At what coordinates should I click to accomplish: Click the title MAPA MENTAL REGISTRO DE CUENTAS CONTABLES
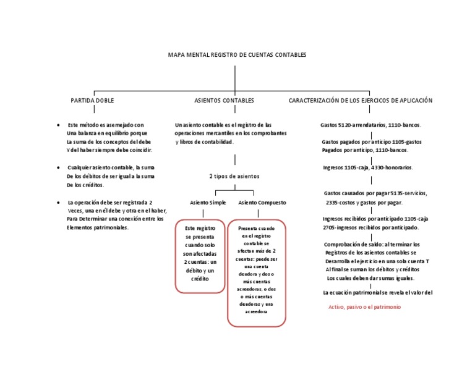coord(237,55)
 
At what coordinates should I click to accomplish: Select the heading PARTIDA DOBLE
coord(92,100)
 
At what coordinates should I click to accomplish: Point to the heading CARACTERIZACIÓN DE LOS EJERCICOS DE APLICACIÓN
coord(361,100)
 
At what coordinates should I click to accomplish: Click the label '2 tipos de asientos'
coord(234,176)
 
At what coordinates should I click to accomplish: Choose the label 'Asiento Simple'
coord(207,203)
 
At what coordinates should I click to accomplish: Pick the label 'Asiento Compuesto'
coord(262,203)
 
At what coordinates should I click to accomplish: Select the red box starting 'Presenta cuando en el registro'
coord(257,272)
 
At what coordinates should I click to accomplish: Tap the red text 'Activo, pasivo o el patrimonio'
coord(365,307)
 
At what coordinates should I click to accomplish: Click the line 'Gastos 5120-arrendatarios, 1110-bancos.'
coord(371,125)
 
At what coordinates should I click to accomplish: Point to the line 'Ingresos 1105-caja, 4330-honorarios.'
coord(369,167)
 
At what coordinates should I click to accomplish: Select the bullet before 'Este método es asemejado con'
coord(58,125)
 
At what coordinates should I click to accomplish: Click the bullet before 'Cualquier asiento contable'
coord(58,167)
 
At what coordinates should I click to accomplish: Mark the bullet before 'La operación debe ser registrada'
coord(58,202)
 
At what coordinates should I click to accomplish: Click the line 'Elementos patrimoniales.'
coord(98,227)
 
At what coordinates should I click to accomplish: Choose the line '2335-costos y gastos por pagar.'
coord(364,202)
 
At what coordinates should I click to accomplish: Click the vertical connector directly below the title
coord(235,77)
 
